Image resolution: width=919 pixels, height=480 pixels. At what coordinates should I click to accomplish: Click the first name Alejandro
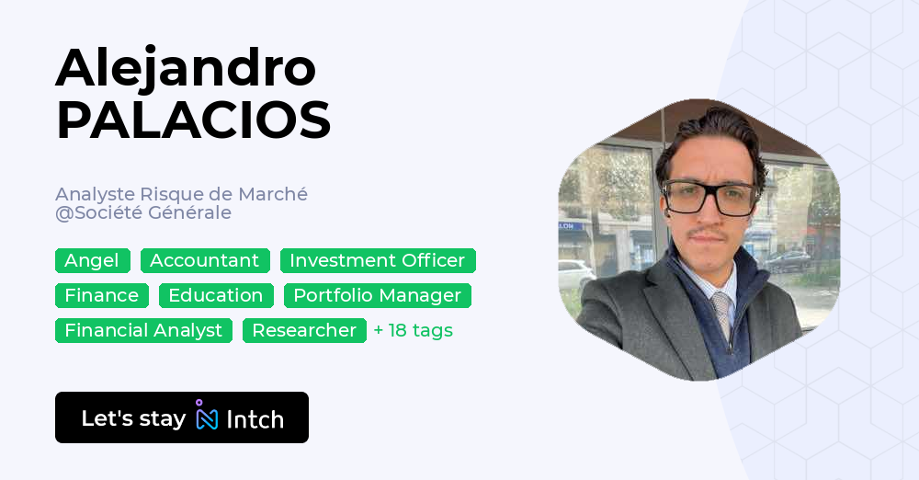(186, 67)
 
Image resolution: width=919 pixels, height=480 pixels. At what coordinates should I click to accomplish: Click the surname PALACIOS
(193, 120)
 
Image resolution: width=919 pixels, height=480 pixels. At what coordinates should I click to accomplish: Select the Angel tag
(92, 260)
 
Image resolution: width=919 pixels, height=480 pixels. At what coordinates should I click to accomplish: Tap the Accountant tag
(205, 260)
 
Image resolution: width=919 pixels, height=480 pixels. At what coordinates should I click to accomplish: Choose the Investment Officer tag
(378, 260)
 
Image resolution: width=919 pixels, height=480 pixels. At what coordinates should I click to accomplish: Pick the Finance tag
(101, 295)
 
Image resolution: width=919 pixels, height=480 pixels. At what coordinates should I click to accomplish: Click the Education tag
(216, 295)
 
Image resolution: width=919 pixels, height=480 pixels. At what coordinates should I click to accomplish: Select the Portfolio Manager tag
(377, 295)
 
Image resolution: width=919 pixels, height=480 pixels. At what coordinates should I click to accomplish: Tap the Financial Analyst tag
(143, 330)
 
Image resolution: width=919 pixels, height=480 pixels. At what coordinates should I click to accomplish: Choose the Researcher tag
(304, 330)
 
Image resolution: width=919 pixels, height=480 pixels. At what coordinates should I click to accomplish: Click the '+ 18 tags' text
(413, 330)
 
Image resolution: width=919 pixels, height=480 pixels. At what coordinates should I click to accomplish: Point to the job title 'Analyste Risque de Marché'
(181, 194)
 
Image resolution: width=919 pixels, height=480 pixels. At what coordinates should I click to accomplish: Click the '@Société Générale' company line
(142, 212)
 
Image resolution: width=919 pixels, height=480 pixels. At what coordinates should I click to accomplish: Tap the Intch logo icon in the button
(206, 417)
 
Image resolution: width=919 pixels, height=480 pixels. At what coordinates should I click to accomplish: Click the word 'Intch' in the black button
(255, 419)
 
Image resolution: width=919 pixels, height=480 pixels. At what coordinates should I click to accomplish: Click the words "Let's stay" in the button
(133, 418)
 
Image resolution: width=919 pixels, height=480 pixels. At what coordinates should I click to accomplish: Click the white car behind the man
(575, 273)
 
